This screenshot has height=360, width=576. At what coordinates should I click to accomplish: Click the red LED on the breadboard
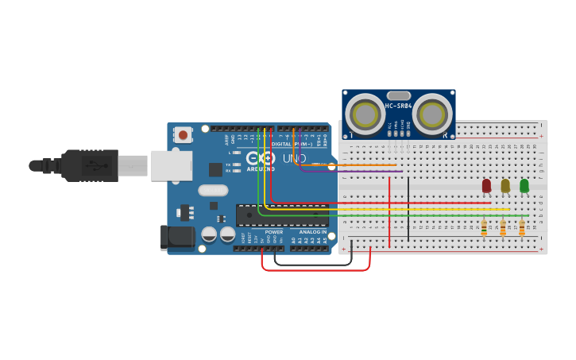click(486, 185)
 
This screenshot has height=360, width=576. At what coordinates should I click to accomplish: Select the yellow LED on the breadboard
click(505, 185)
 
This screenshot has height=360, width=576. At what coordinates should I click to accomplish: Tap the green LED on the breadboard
click(524, 185)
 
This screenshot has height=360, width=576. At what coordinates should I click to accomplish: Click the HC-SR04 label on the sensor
click(399, 106)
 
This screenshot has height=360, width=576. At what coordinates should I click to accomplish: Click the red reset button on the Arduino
click(184, 135)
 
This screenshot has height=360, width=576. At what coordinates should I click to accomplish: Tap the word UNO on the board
click(294, 158)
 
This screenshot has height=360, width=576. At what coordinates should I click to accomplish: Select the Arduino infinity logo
click(261, 157)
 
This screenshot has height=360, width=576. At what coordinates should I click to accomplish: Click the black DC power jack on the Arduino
click(176, 238)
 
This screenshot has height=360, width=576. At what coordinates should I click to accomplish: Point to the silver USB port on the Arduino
click(172, 165)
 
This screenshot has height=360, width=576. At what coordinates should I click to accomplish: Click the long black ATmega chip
click(282, 215)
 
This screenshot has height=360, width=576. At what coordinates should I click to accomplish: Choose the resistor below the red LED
click(484, 228)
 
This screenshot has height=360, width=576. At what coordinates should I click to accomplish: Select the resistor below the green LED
click(522, 228)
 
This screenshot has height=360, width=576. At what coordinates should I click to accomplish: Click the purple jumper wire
click(358, 171)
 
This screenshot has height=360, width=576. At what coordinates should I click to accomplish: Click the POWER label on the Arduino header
click(274, 231)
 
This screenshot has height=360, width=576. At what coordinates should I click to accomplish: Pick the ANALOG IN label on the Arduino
click(312, 231)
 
